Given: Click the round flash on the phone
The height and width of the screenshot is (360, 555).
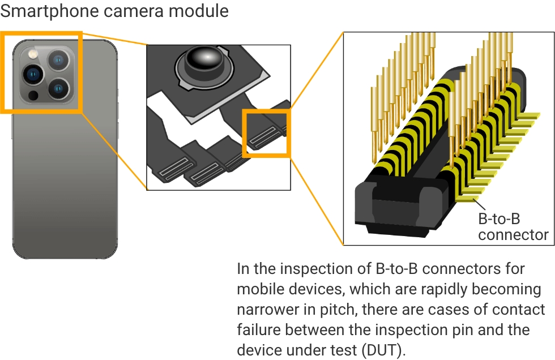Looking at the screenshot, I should (32, 54).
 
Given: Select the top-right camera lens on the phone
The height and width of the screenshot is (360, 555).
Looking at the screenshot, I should (58, 60).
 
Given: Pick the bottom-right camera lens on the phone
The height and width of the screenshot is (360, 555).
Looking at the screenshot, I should (58, 88).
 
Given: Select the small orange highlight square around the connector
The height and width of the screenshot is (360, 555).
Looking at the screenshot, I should (266, 133).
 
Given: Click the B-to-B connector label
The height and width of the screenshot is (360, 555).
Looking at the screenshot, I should (513, 226).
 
